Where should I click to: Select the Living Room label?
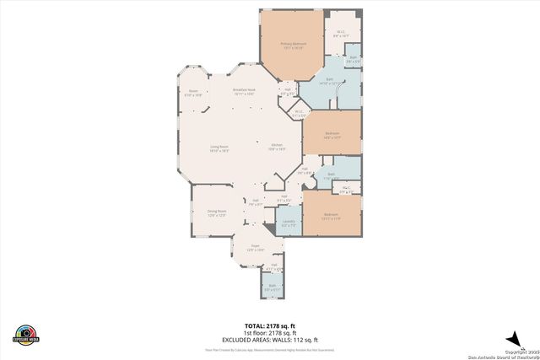(x=219, y=148)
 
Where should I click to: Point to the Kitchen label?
(x=278, y=148)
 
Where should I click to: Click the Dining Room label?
(x=218, y=214)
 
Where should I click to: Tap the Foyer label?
(x=256, y=249)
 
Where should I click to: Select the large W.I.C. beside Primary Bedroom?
(x=340, y=35)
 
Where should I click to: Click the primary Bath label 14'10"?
(x=330, y=83)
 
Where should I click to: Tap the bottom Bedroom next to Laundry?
(x=332, y=215)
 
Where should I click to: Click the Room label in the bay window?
(x=193, y=94)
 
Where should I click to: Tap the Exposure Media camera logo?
(x=26, y=334)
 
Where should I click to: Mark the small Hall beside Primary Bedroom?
(x=287, y=91)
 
